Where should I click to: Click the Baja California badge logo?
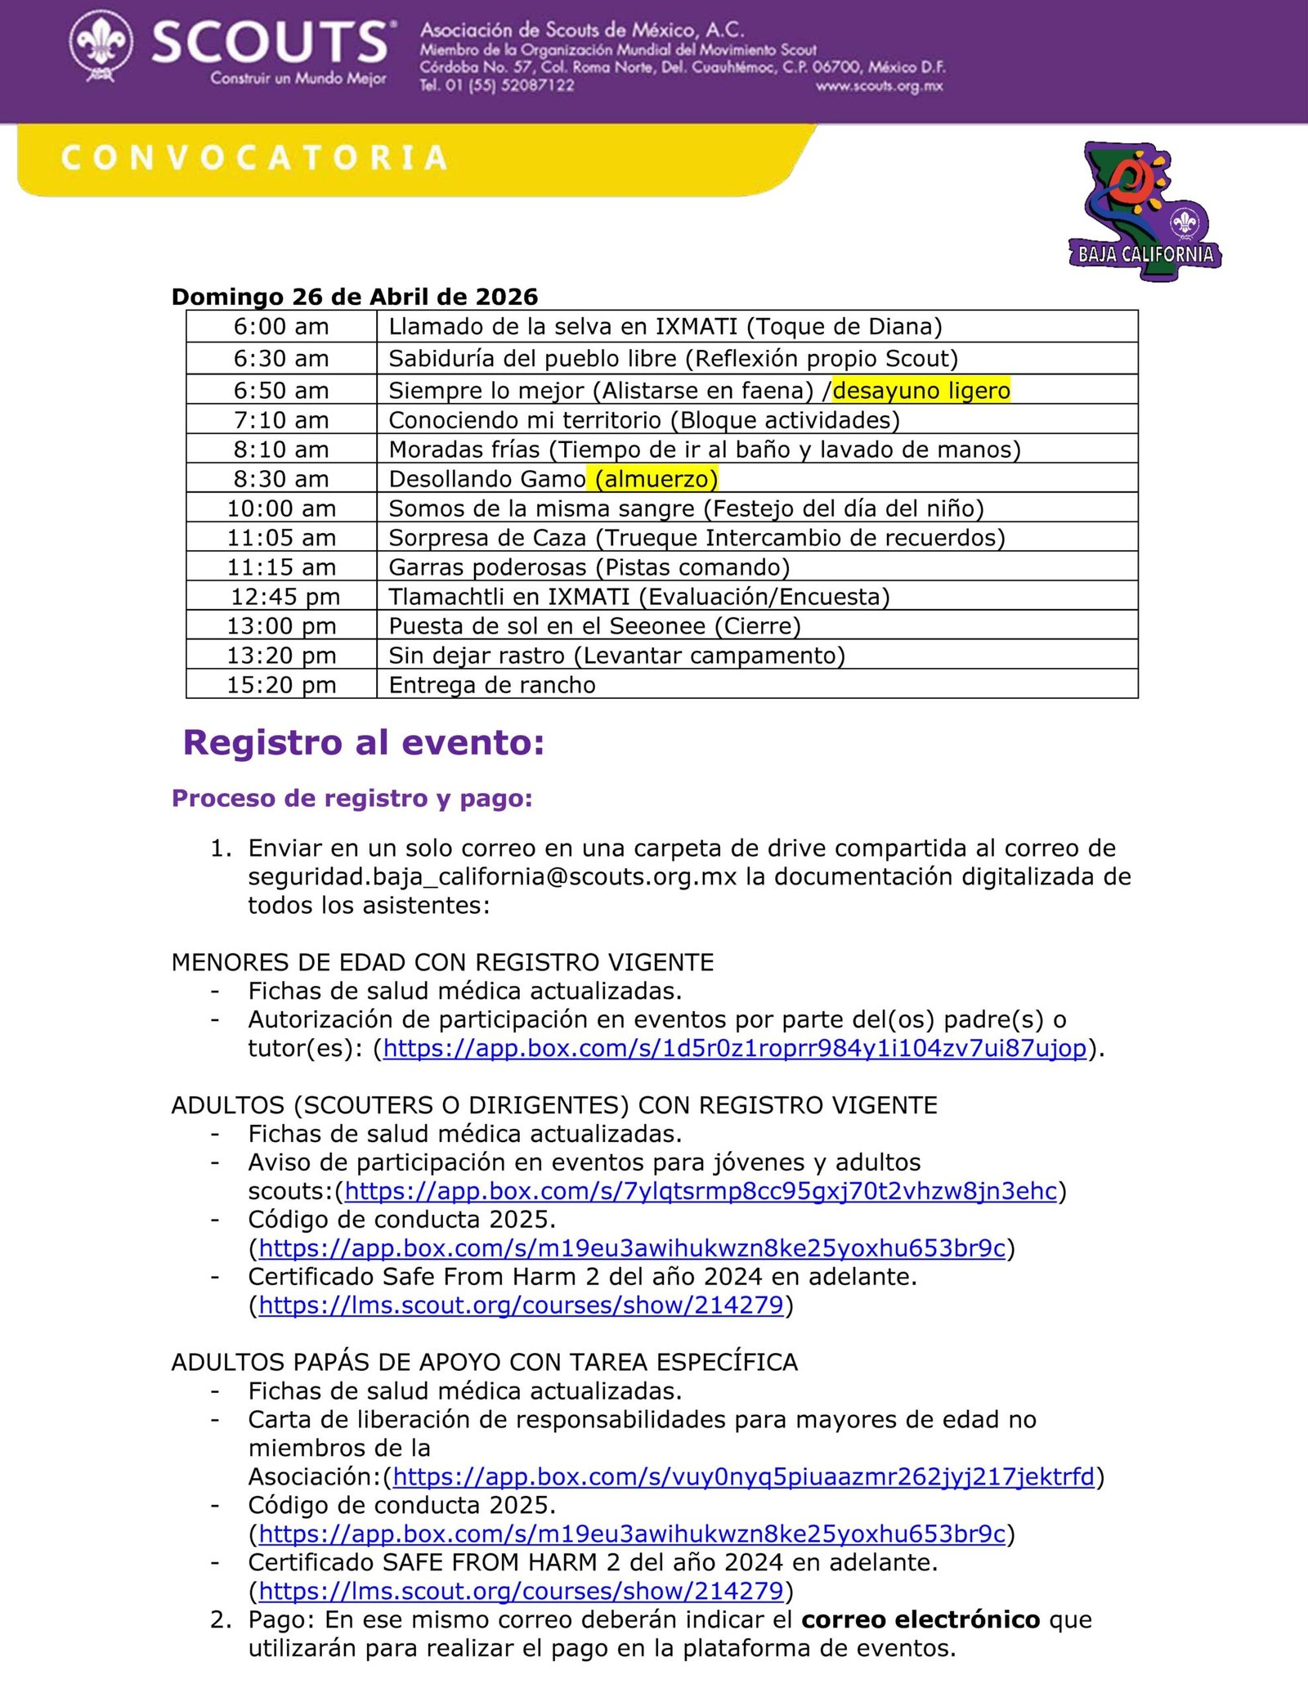tap(1144, 213)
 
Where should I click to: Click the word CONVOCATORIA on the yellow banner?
tap(254, 159)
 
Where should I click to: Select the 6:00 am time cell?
tap(281, 327)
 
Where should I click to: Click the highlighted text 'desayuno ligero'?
tap(921, 391)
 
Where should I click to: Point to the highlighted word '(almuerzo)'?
tap(656, 479)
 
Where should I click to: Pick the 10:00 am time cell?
tap(281, 508)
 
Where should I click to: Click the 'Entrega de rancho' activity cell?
tap(492, 685)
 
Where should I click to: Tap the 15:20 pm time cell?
tap(281, 685)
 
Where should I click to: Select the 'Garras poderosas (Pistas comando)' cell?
tap(589, 567)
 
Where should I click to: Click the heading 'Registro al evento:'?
tap(364, 743)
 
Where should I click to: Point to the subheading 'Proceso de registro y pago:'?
tap(352, 799)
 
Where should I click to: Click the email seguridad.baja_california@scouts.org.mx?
tap(492, 877)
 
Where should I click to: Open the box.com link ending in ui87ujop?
tap(734, 1049)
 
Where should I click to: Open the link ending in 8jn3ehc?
tap(701, 1192)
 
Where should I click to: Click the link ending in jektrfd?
tap(743, 1477)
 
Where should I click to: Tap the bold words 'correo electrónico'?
tap(921, 1620)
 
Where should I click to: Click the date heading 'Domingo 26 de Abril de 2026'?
tap(355, 297)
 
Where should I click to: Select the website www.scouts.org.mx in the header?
tap(879, 87)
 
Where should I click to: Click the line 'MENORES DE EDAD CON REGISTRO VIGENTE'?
tap(442, 963)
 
